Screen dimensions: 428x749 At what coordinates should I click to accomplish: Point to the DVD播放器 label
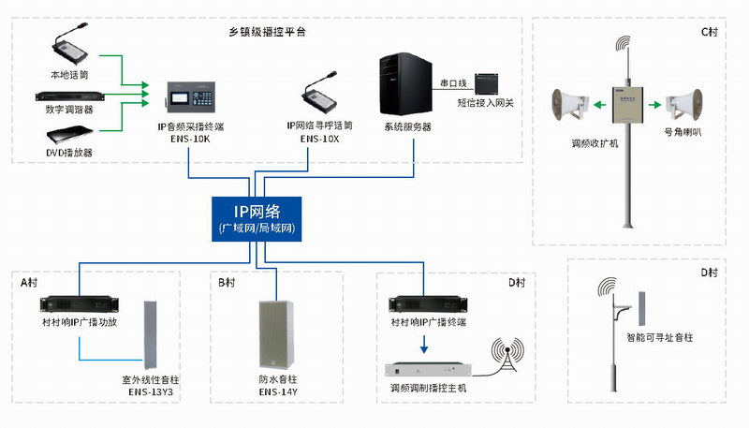click(x=70, y=151)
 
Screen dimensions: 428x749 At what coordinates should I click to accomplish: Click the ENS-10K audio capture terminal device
click(x=191, y=96)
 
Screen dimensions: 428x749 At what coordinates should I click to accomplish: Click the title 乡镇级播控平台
click(x=268, y=32)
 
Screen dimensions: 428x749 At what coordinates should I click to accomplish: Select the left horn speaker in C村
click(x=569, y=103)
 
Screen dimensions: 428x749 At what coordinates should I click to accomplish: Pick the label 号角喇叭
click(x=683, y=133)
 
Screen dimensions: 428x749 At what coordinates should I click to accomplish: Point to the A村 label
click(x=29, y=282)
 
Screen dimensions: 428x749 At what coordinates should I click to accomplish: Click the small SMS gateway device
click(x=488, y=83)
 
